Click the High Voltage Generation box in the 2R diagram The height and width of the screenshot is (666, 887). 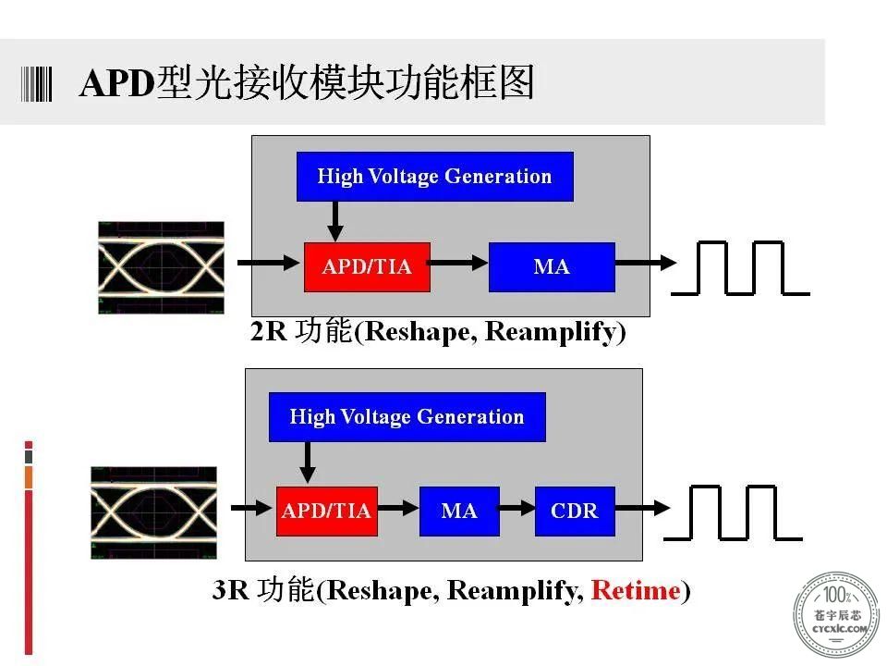(x=434, y=176)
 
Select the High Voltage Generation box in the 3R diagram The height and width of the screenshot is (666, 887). (x=407, y=417)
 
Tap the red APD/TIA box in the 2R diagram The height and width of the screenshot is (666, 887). (x=367, y=267)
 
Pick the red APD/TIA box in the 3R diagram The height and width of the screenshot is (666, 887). (x=327, y=511)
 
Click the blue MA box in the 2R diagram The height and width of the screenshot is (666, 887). (x=552, y=267)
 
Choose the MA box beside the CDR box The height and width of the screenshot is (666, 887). (x=459, y=511)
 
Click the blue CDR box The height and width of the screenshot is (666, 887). (x=575, y=511)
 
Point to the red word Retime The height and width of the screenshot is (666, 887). (x=636, y=591)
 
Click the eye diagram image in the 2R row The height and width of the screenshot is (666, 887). (x=161, y=267)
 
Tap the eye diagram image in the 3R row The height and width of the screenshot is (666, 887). (x=154, y=512)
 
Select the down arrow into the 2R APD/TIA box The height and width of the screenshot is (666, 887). (x=335, y=221)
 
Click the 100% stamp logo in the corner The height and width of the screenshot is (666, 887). (x=837, y=614)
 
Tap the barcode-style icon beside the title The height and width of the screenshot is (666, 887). (x=36, y=84)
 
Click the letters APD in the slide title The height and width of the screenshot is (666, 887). (x=117, y=84)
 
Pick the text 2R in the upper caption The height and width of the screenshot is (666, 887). (x=268, y=332)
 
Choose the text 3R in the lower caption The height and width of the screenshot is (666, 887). (x=230, y=591)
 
